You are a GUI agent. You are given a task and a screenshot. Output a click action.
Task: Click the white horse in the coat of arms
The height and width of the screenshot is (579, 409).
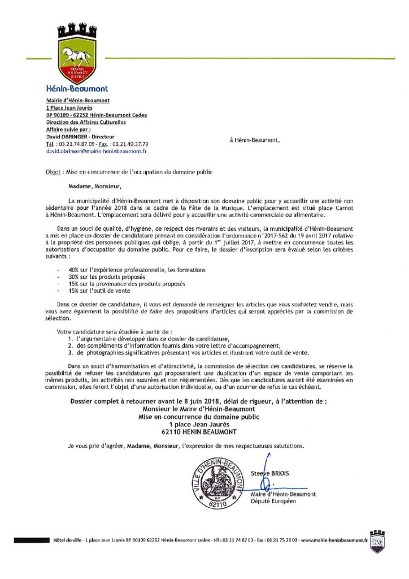tap(77, 56)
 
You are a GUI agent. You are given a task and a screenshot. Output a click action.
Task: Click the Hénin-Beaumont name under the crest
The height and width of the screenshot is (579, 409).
tap(77, 89)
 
